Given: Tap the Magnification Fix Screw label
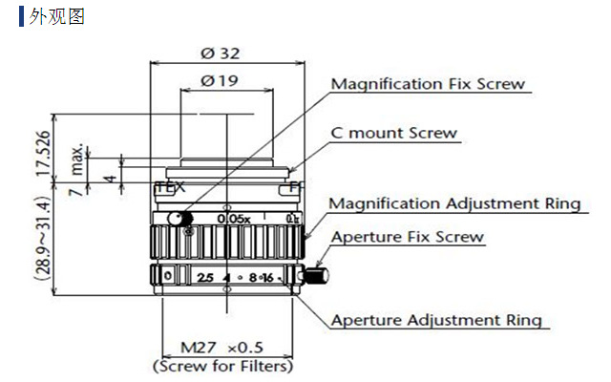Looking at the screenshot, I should tap(427, 84).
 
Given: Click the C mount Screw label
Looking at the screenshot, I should tap(393, 133).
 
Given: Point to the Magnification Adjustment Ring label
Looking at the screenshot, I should tap(453, 203).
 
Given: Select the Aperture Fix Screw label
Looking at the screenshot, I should tap(408, 236).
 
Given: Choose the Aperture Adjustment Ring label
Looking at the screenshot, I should tap(436, 320).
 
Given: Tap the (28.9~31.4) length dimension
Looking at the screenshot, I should tap(41, 238).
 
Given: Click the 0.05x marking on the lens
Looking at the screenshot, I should tap(233, 219).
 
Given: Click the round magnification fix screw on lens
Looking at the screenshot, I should tap(176, 220).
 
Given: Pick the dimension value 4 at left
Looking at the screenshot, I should tap(111, 177).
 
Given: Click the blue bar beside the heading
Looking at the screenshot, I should tap(22, 17).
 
